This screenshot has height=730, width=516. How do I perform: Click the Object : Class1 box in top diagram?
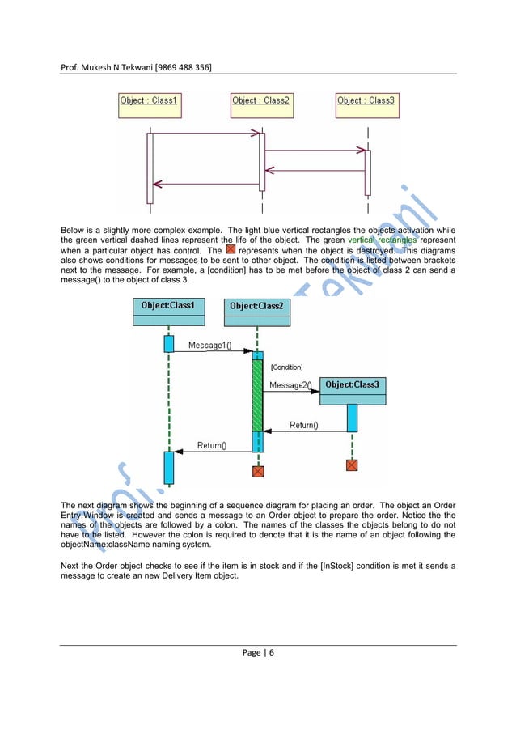149,106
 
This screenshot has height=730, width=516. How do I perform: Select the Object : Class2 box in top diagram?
260,106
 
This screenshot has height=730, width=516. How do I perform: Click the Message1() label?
210,346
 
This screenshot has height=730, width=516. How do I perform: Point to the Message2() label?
291,385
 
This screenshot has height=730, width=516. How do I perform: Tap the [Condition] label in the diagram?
286,367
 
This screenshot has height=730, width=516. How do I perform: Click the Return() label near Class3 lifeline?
303,425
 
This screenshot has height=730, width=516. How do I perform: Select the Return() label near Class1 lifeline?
212,445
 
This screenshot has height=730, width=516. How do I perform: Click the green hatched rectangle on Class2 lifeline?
257,396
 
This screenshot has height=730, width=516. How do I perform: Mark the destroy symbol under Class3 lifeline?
352,465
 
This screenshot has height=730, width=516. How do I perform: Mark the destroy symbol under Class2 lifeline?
258,472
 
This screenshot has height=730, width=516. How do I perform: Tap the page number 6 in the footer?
272,653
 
